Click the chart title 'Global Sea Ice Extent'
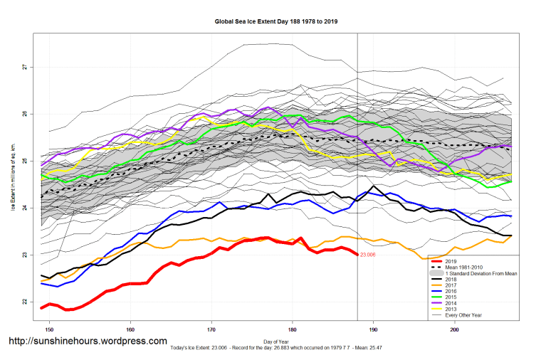(x=275, y=21)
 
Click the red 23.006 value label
(x=368, y=255)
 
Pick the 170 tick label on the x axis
(x=211, y=330)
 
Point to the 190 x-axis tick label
(x=373, y=330)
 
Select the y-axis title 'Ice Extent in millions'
(x=12, y=181)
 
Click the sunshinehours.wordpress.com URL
(x=87, y=342)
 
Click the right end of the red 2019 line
(x=357, y=254)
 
